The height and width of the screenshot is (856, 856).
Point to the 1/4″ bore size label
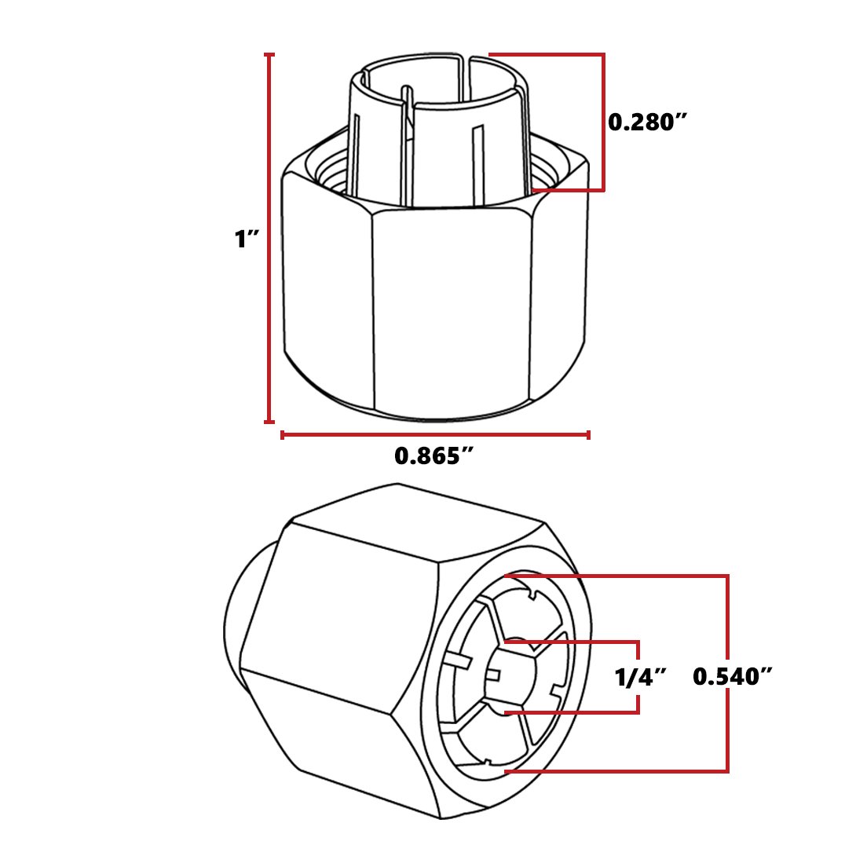coord(641,677)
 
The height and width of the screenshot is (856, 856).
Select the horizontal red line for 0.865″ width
coord(435,434)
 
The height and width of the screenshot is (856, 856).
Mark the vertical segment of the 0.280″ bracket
coord(602,123)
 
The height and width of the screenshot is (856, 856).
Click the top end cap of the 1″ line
coord(269,55)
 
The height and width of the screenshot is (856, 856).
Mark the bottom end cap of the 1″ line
coord(269,422)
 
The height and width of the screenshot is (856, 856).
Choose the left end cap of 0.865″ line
coord(283,434)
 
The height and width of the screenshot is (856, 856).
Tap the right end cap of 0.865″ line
coord(588,434)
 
